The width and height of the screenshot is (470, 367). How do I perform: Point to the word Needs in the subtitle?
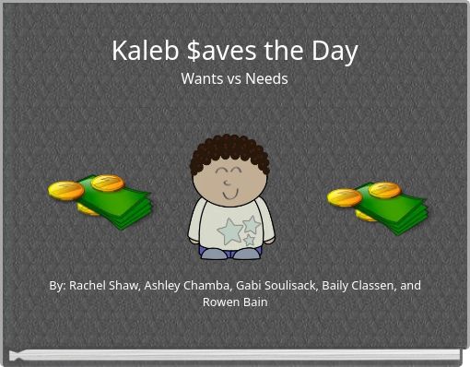[266, 79]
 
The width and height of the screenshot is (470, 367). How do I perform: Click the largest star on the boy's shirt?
[229, 231]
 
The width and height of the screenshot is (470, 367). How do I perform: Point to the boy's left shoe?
[214, 253]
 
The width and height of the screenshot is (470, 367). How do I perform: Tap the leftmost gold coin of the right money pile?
[344, 197]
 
